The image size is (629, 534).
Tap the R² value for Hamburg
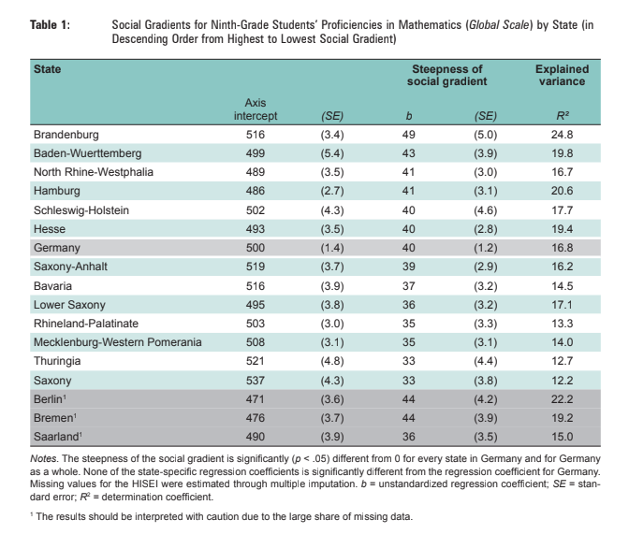[x=561, y=189]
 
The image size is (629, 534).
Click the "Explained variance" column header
[x=561, y=76]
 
